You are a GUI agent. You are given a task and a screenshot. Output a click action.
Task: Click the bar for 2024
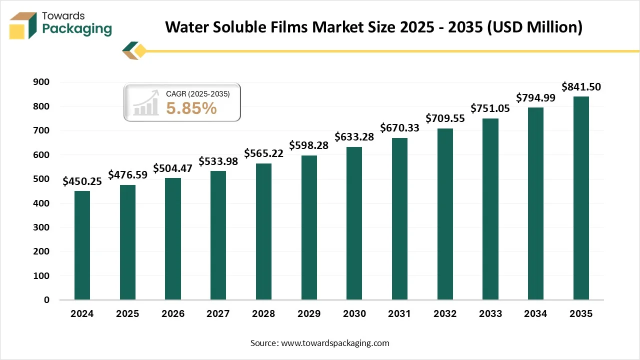[82, 245]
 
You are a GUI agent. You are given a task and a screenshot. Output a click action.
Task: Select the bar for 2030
[354, 223]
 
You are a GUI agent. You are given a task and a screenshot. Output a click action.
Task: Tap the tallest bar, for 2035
[581, 198]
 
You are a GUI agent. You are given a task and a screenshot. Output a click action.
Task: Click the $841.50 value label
[581, 87]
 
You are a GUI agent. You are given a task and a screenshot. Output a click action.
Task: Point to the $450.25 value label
[82, 181]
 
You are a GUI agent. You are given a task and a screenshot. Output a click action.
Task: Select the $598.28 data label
[309, 146]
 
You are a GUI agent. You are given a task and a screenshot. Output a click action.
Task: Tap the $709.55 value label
[445, 118]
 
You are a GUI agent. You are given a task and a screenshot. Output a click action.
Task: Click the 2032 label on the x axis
[445, 313]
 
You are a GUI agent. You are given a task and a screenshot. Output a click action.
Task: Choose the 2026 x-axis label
[173, 313]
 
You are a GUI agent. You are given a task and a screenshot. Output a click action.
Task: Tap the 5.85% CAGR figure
[191, 108]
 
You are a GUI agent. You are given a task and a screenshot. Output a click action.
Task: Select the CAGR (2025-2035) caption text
[197, 93]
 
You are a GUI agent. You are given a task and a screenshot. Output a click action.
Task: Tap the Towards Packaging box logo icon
[24, 25]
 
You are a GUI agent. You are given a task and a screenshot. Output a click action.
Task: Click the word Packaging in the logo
[77, 29]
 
